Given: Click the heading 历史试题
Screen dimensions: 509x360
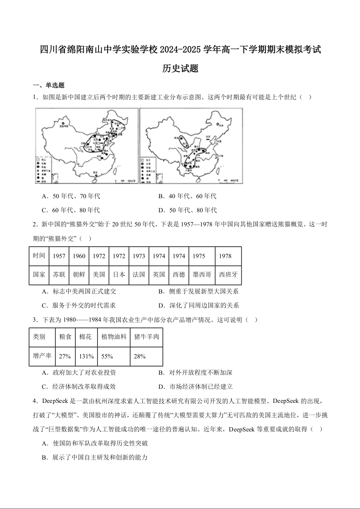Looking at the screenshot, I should [180, 69].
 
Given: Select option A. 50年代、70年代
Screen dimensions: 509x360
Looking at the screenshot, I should [70, 196].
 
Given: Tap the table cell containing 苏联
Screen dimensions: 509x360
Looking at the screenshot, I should [59, 274].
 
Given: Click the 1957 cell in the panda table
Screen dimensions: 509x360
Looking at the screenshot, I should [59, 256].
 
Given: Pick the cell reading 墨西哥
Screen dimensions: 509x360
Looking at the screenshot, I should [202, 274].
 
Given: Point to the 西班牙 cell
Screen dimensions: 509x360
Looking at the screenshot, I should [228, 274].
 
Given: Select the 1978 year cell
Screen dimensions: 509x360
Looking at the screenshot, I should [225, 256].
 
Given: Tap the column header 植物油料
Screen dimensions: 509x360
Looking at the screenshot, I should [113, 337].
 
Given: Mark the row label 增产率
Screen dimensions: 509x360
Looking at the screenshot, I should [42, 356].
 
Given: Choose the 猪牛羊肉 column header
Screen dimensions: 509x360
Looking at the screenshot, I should [146, 337].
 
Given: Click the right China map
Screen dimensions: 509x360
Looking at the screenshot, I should [191, 146].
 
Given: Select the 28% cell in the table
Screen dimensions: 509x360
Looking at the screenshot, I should [137, 356].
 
